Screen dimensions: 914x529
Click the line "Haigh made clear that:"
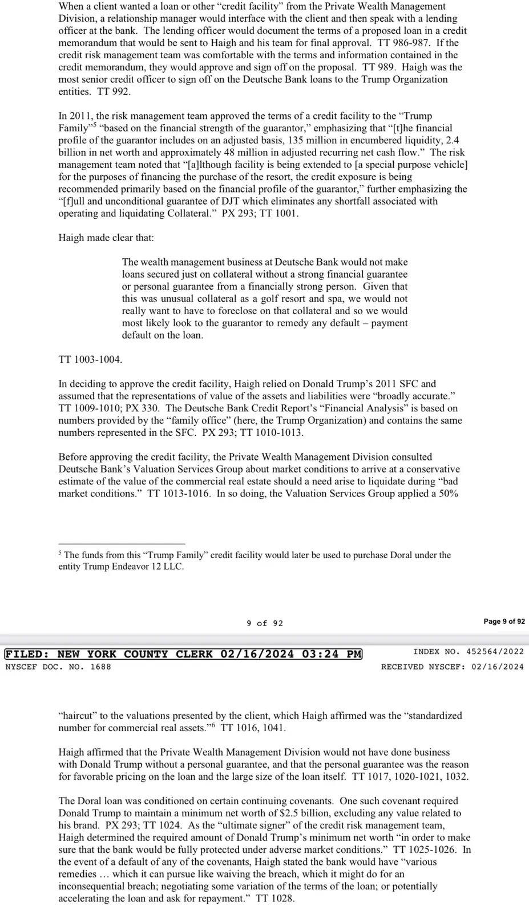click(x=106, y=238)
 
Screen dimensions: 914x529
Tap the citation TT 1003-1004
click(x=90, y=359)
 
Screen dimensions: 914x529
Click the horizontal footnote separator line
click(x=122, y=544)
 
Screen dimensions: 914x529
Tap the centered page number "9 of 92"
click(x=265, y=623)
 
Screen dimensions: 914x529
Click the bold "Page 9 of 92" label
click(x=504, y=622)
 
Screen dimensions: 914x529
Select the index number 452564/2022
click(x=495, y=651)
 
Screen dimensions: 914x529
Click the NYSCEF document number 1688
click(x=101, y=667)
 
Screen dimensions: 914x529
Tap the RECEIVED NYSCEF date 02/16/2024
click(x=497, y=667)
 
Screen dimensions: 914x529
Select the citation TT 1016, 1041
click(x=253, y=728)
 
